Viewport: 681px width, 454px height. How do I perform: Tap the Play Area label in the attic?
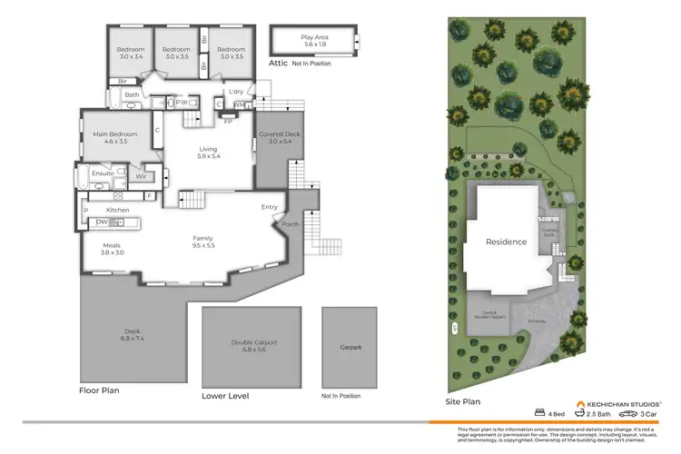(x=313, y=37)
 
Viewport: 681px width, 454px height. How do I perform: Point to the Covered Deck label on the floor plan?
(x=274, y=134)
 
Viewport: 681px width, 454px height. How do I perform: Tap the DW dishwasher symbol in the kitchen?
(x=102, y=222)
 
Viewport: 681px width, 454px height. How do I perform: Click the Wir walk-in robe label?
(x=140, y=176)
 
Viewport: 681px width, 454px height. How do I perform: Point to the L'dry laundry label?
(x=236, y=92)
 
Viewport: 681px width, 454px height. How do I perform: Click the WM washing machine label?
(x=239, y=105)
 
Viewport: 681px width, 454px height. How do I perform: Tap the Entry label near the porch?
(x=270, y=207)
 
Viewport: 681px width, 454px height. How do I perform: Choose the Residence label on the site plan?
(x=506, y=242)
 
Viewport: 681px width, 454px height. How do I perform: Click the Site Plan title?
(x=461, y=400)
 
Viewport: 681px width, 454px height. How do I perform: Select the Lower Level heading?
(x=225, y=396)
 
